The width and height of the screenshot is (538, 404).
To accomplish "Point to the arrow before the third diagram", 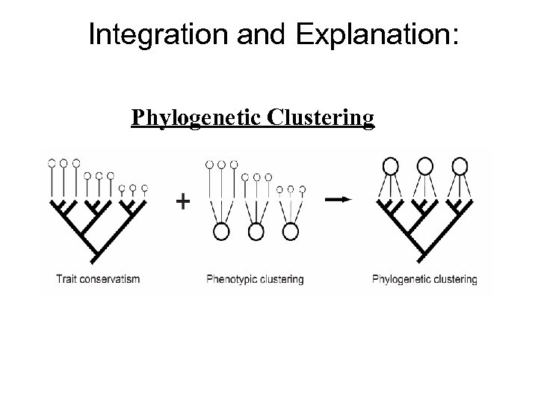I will tap(338, 199).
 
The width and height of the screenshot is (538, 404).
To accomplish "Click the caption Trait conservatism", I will tap(99, 280).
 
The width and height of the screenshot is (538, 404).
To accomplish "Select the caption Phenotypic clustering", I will tap(254, 280).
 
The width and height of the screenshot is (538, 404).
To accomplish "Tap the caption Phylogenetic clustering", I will tap(424, 280).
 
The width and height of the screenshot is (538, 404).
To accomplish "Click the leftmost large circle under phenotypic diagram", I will tap(220, 232).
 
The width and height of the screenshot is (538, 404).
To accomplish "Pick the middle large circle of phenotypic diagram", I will tap(256, 232).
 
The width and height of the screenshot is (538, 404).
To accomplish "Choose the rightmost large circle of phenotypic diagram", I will tap(290, 232).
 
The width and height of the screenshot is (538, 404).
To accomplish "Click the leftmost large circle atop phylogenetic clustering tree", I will tap(389, 165).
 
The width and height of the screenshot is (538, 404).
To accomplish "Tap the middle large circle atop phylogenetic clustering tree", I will tap(424, 165).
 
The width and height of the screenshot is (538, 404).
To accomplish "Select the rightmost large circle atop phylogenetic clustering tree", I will tap(460, 165).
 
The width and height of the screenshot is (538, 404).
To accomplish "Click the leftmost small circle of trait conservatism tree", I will tap(52, 162).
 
